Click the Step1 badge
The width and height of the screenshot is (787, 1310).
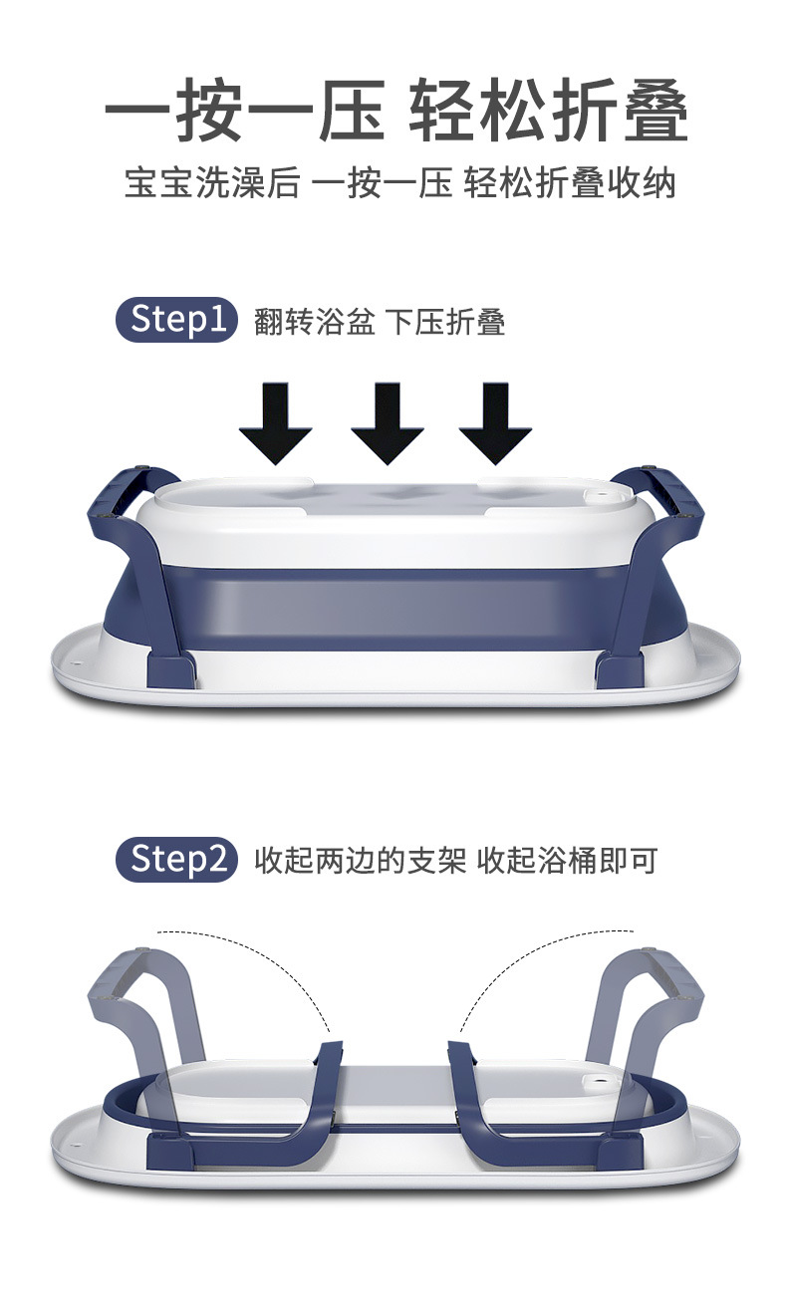[176, 320]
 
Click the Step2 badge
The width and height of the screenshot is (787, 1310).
[176, 859]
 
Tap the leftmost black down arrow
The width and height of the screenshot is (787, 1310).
[275, 424]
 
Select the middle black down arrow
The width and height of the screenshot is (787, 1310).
[388, 424]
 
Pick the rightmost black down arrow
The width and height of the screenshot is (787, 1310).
[495, 424]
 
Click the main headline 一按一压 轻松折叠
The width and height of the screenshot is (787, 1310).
[395, 110]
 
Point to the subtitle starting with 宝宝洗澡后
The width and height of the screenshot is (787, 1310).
[399, 182]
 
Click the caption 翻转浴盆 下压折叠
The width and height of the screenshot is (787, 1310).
[380, 321]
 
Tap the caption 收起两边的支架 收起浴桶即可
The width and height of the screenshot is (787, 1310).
[456, 861]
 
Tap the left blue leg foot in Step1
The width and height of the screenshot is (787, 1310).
[170, 669]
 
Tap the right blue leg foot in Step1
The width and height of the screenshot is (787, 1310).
[619, 669]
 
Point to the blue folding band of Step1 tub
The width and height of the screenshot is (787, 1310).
[394, 610]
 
